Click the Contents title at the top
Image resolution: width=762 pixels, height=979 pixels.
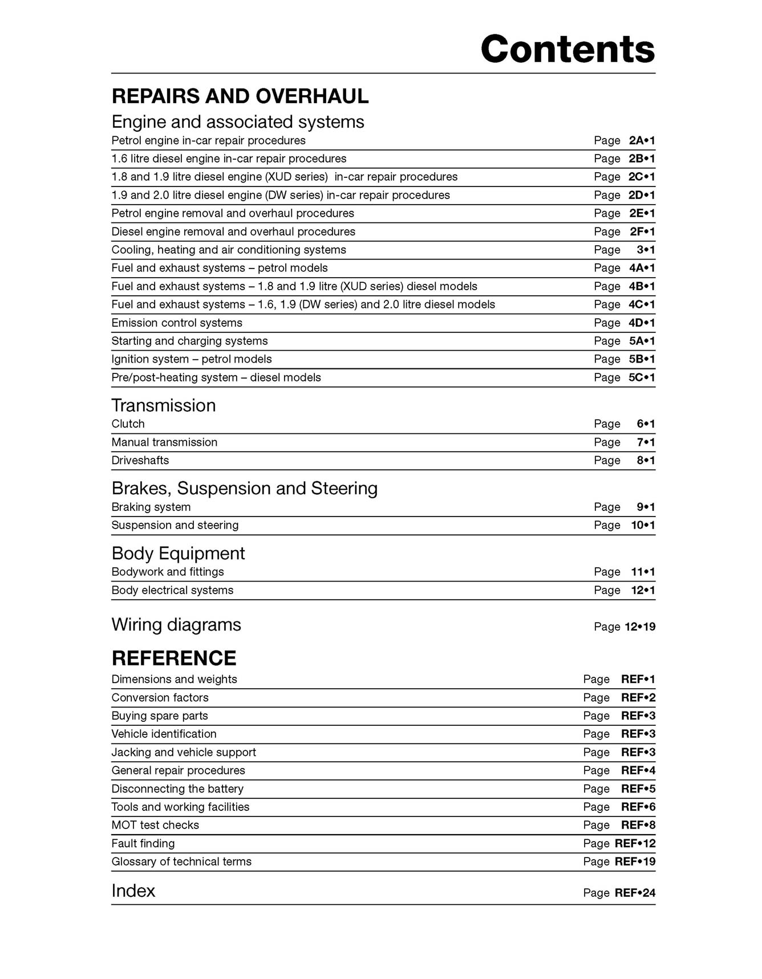point(568,49)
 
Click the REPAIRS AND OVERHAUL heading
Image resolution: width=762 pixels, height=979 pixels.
point(240,96)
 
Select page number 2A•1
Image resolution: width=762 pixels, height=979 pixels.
point(642,140)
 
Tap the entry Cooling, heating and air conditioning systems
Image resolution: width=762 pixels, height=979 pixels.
point(229,250)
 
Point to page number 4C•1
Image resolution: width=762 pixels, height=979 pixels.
point(642,304)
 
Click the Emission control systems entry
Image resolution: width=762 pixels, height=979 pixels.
point(177,323)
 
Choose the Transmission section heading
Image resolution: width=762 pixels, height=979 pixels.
point(164,405)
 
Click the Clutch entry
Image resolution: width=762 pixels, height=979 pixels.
point(128,424)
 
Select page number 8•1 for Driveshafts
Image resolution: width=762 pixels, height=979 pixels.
point(646,460)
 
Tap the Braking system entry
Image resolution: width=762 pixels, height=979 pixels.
point(151,507)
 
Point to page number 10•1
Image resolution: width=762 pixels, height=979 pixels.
point(643,525)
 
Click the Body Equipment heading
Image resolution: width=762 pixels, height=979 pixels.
point(178,553)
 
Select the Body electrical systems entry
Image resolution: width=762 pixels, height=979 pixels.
point(172,590)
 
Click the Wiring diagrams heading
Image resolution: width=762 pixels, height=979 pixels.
point(176,625)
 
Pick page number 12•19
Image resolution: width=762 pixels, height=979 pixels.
point(639,627)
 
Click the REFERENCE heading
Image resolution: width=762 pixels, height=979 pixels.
point(173,658)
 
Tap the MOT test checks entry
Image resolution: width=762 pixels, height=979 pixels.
point(155,825)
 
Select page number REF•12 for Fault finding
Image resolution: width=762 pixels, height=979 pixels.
point(635,843)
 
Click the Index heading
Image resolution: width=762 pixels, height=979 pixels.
point(133,891)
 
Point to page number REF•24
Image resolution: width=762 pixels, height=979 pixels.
point(635,893)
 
